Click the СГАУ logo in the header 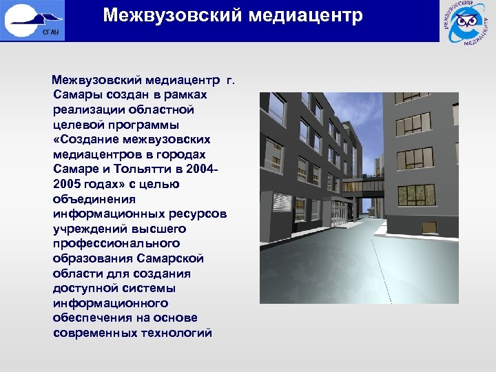click(34, 21)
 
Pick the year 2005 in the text click(68, 184)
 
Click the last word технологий click(176, 333)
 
